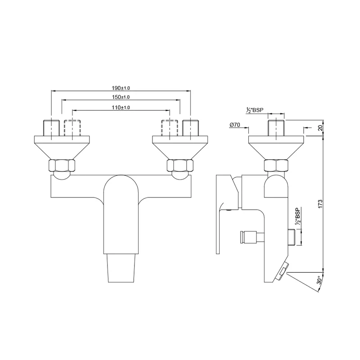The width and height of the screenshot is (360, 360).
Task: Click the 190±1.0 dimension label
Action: [121, 88]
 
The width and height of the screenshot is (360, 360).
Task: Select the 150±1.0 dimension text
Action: [121, 97]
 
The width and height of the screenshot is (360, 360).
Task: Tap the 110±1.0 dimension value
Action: [121, 108]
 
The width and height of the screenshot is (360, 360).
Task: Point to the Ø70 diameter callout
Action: [234, 125]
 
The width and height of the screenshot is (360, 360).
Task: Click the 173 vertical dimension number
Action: [320, 204]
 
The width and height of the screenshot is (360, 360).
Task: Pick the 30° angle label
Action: [319, 280]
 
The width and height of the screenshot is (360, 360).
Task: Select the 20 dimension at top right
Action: [320, 128]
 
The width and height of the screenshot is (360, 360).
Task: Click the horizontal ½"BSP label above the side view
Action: [255, 110]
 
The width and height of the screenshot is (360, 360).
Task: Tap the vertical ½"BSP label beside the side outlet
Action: [298, 216]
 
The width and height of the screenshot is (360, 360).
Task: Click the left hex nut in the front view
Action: [62, 165]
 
